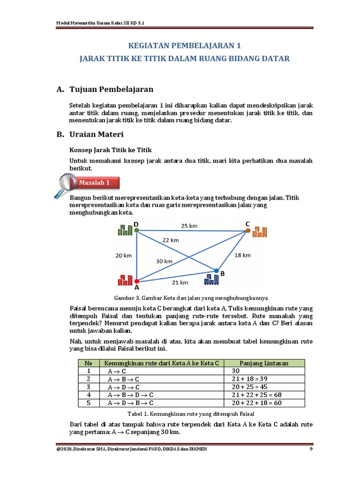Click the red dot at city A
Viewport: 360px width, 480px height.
136,281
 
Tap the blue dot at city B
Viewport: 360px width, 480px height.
216,270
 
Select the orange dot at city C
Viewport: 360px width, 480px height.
247,231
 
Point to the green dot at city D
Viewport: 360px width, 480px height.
136,230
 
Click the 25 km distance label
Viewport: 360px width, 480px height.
189,225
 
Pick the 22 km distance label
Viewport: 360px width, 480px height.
171,240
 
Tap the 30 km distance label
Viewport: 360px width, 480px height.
165,261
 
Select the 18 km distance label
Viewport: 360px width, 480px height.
243,255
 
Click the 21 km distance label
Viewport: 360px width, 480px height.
180,282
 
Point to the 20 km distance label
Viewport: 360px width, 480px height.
124,255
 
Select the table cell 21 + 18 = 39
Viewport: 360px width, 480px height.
250,379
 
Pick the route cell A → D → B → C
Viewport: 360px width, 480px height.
131,403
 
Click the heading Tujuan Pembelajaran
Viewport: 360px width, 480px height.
111,89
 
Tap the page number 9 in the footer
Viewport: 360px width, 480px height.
311,450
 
